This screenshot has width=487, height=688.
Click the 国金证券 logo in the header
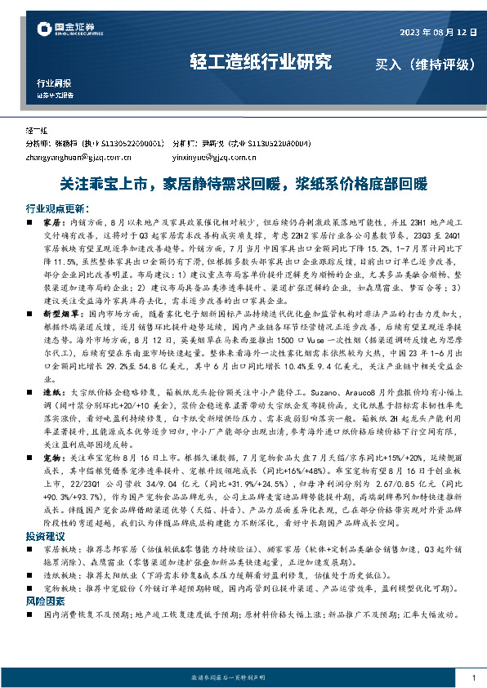point(69,31)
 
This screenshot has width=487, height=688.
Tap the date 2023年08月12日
point(437,33)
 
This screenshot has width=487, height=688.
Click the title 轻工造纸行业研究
point(261,62)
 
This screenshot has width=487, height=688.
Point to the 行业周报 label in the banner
point(54,83)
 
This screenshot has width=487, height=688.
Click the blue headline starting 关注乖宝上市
point(243,183)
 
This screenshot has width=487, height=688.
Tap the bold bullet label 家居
point(52,221)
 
